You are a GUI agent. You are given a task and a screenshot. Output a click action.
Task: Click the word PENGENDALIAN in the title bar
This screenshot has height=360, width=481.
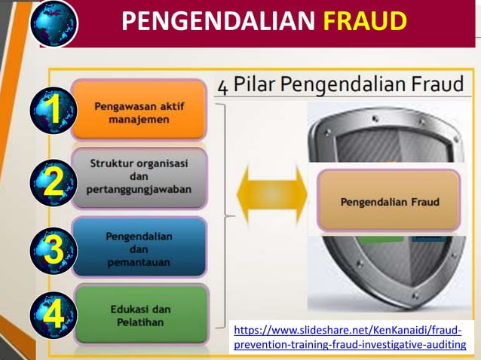[218, 23]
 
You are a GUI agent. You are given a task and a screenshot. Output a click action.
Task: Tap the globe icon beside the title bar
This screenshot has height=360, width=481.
[55, 23]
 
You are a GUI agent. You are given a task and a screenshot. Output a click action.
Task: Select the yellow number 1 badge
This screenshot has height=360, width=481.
[53, 111]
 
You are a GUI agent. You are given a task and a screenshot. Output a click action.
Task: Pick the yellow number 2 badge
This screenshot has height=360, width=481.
[53, 182]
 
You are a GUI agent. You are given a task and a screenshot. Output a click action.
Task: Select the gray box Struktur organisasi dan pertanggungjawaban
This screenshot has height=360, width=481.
[139, 177]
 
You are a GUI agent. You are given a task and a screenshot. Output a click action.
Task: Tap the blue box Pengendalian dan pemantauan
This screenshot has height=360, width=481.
[139, 249]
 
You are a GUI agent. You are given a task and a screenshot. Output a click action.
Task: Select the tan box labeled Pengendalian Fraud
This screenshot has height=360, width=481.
[389, 201]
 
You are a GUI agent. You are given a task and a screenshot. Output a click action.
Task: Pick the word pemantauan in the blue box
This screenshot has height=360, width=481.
[139, 262]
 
